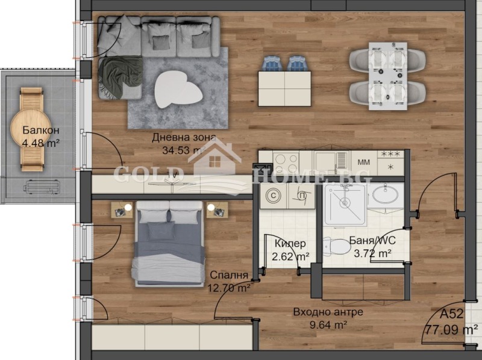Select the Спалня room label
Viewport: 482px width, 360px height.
click(x=229, y=275)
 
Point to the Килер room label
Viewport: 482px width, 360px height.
click(x=290, y=244)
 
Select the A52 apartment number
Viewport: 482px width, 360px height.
click(x=452, y=314)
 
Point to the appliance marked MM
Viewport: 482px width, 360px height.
click(x=363, y=162)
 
